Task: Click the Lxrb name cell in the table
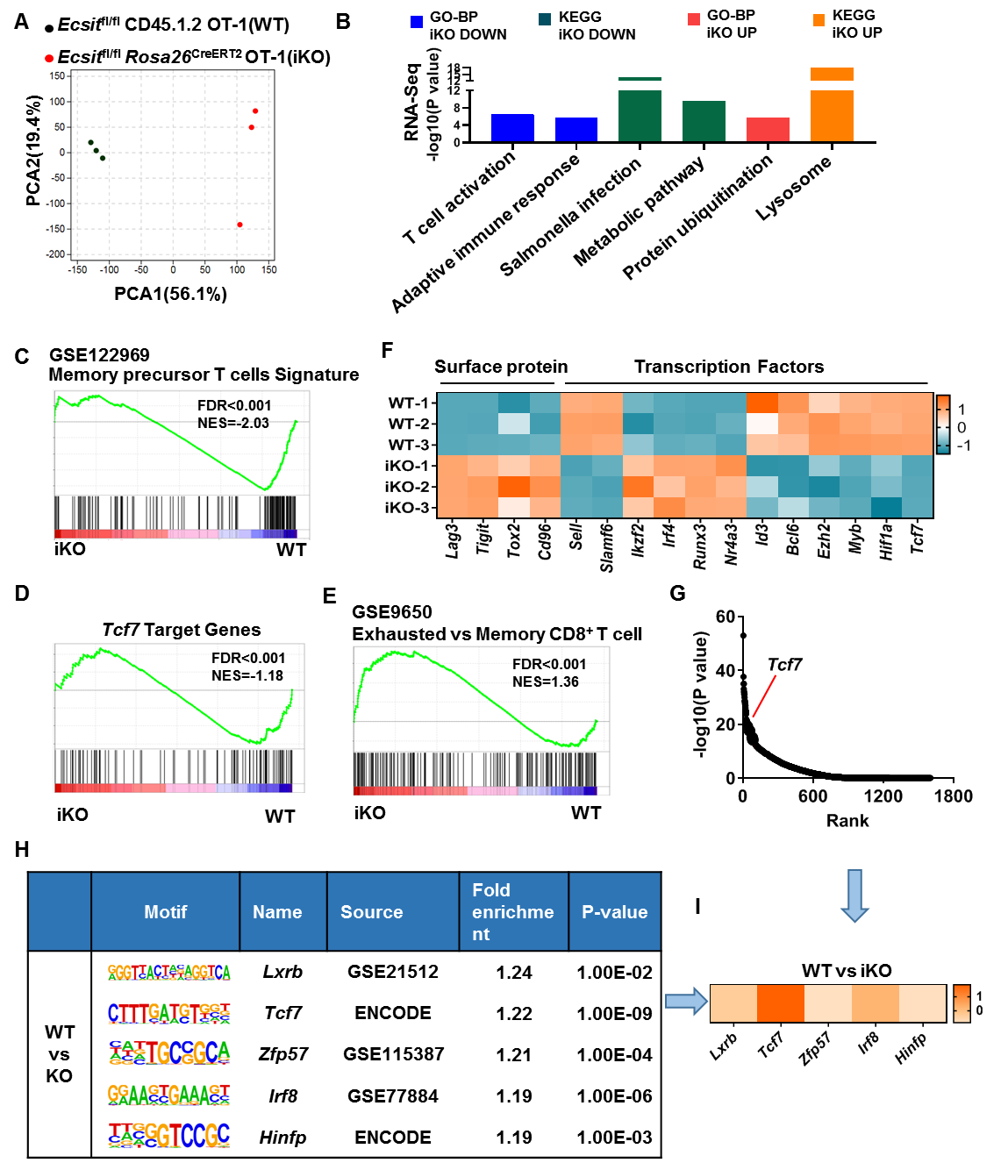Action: (282, 972)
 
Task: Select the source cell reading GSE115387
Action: (393, 1054)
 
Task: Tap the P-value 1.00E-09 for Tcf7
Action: (614, 1014)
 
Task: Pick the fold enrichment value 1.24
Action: (513, 973)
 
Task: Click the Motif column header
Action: (166, 912)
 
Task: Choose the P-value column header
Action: (614, 912)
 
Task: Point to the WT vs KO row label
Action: (60, 1054)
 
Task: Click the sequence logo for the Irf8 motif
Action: (168, 1095)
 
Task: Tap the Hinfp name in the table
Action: (282, 1138)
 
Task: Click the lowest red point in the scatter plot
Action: (239, 225)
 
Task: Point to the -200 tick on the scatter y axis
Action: (56, 254)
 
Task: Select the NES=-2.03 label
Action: (233, 423)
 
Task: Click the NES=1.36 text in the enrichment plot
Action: (546, 681)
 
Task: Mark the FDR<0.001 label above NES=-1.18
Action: (248, 658)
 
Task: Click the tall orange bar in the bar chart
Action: (832, 115)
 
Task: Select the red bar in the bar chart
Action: (769, 129)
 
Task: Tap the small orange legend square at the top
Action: (819, 20)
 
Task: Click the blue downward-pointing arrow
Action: (854, 895)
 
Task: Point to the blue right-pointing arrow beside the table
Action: (686, 1001)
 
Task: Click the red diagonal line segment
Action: (764, 696)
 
